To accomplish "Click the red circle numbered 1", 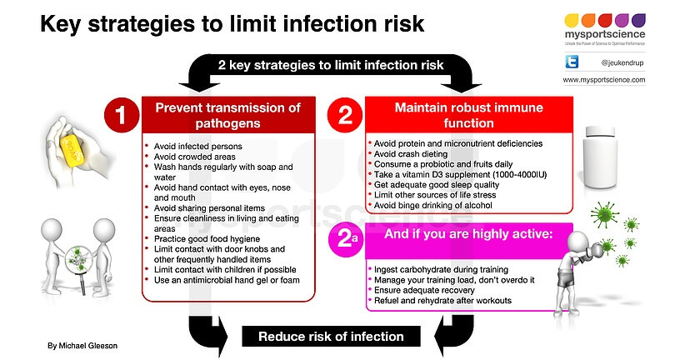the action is [x=122, y=115].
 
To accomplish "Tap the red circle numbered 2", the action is [x=345, y=115].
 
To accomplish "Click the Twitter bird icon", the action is [x=572, y=62].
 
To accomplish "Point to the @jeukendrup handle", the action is [x=622, y=62].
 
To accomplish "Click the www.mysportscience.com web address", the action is [x=603, y=80].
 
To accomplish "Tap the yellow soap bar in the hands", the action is [x=72, y=150].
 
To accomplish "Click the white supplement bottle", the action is [x=600, y=157].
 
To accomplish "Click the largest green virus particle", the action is [x=604, y=214].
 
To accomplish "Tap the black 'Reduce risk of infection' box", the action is [x=331, y=337].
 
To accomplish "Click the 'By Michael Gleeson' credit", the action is [x=82, y=346].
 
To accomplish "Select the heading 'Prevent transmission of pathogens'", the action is [x=228, y=115].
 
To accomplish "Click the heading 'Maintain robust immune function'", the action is [x=469, y=115].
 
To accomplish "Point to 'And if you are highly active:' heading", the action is [x=468, y=234].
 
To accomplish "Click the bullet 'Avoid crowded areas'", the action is [x=195, y=157].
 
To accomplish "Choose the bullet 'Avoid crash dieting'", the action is [x=411, y=154].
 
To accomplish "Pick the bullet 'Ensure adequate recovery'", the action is [x=424, y=290].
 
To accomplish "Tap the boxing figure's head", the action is [x=577, y=242].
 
